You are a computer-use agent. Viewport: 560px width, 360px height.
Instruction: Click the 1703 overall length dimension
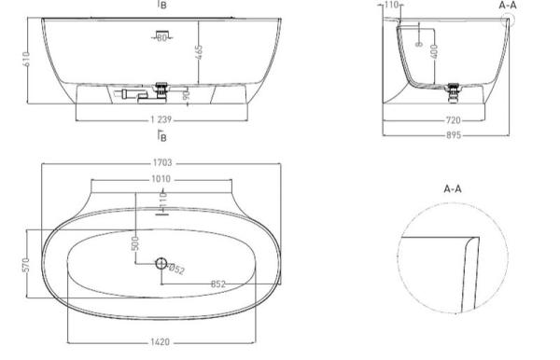point(162,162)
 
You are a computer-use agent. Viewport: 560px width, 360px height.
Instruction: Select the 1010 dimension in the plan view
point(161,179)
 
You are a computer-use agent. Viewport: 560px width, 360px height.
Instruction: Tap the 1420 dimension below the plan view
point(160,342)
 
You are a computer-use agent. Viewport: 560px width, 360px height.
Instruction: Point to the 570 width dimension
point(26,265)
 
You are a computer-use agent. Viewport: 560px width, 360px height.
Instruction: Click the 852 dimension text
point(218,284)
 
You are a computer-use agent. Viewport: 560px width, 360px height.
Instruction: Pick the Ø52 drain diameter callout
point(176,269)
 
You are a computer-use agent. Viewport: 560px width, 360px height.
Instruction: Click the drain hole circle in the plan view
point(161,264)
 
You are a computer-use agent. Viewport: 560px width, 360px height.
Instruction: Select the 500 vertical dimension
point(135,243)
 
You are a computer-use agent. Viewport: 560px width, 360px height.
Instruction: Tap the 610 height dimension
point(26,59)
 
